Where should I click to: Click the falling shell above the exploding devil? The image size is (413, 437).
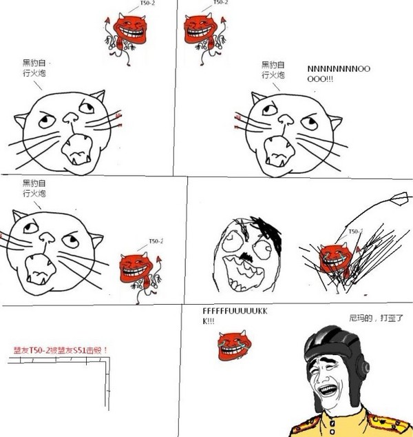[x=399, y=201]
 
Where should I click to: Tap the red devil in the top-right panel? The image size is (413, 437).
[x=204, y=31]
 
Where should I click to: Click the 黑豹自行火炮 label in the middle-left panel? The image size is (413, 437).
[x=34, y=189]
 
